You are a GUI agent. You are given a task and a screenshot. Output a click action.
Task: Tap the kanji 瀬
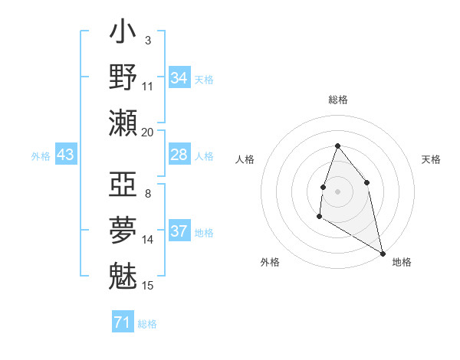(x=123, y=123)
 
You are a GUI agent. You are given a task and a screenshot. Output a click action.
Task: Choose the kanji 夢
(x=123, y=231)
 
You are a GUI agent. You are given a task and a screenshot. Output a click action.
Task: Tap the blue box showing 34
(x=179, y=78)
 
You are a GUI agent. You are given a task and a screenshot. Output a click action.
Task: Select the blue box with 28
(x=179, y=155)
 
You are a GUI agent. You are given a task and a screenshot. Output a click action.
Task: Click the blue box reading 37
(x=179, y=231)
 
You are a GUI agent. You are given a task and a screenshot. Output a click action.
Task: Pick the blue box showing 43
(x=66, y=155)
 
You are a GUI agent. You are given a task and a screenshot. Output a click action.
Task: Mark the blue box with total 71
(x=123, y=322)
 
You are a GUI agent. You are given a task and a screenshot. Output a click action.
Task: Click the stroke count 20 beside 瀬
(x=147, y=133)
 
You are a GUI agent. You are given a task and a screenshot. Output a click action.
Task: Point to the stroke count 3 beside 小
(x=147, y=40)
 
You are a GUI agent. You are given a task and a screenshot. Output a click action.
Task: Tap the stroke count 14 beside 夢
(x=147, y=240)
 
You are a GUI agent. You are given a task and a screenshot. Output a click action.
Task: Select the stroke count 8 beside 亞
(x=147, y=194)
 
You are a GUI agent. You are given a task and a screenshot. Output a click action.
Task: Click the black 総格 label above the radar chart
(x=337, y=100)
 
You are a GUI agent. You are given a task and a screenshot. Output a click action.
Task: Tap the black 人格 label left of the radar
(x=245, y=159)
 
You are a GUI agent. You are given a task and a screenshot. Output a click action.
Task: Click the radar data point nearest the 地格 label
(x=383, y=254)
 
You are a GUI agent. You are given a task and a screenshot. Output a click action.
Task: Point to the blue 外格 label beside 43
(x=41, y=156)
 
